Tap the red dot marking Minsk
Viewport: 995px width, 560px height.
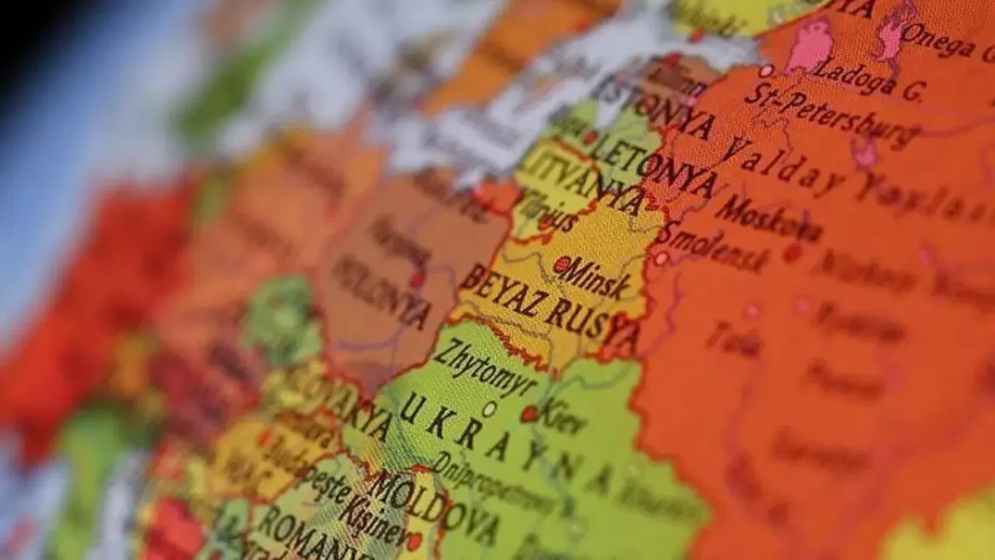point(561,264)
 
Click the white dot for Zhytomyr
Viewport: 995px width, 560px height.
point(489,408)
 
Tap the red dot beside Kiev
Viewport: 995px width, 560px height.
point(529,414)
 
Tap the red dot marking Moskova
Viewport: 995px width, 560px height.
point(792,252)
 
